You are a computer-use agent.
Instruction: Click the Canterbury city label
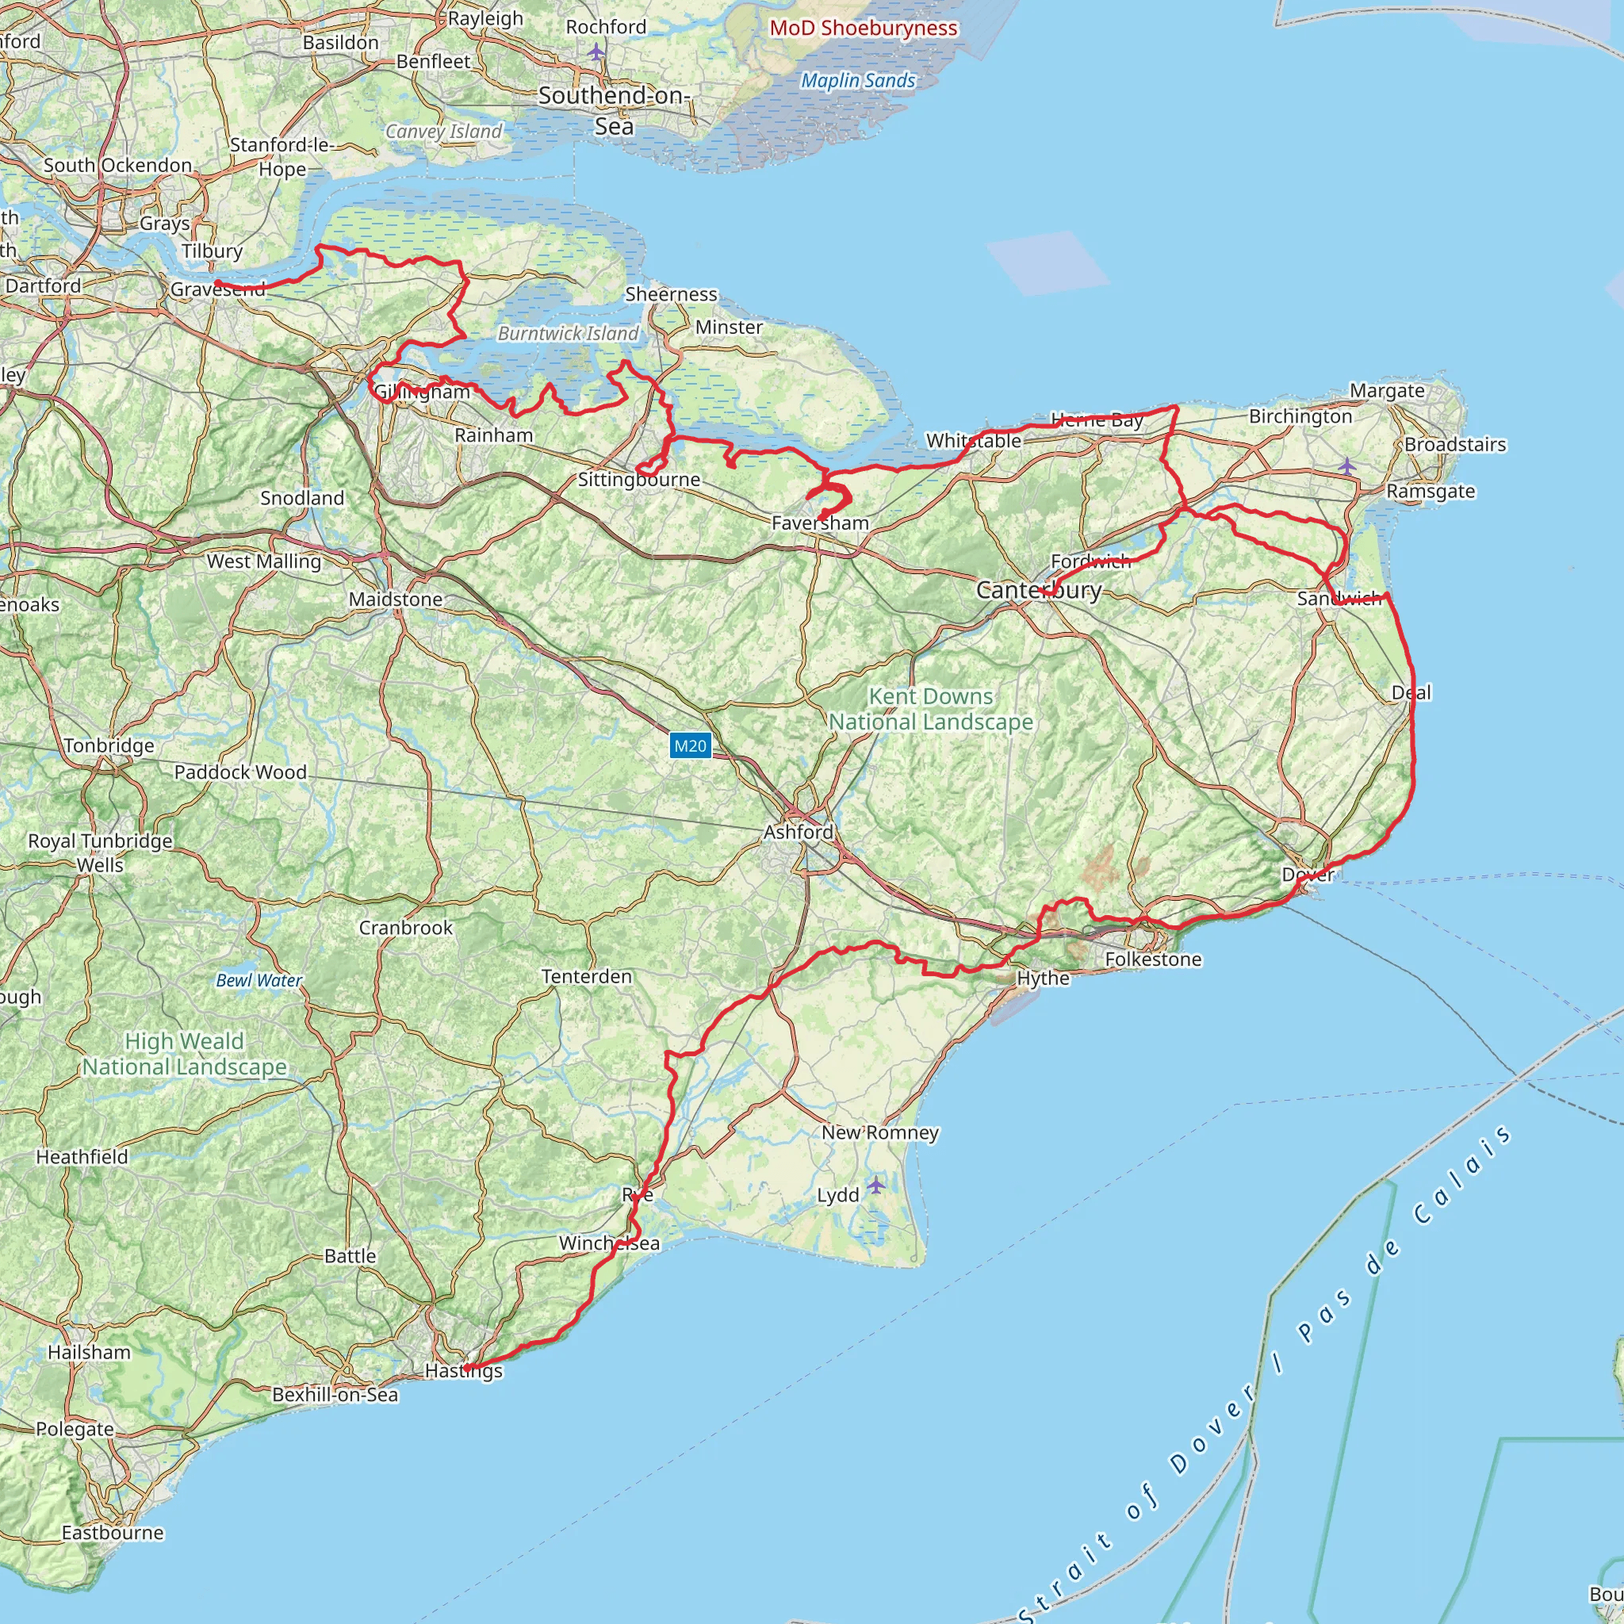pyautogui.click(x=1038, y=590)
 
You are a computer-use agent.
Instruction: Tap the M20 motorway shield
pyautogui.click(x=690, y=745)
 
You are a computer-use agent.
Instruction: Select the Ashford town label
pyautogui.click(x=798, y=832)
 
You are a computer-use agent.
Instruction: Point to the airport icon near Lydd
pyautogui.click(x=876, y=1185)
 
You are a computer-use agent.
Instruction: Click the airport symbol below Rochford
pyautogui.click(x=596, y=52)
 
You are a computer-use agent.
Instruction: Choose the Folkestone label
pyautogui.click(x=1152, y=959)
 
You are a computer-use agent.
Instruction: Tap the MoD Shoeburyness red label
pyautogui.click(x=864, y=28)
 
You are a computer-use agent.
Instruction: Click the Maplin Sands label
pyautogui.click(x=857, y=81)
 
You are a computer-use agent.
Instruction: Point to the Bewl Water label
pyautogui.click(x=259, y=980)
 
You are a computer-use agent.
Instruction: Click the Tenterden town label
pyautogui.click(x=586, y=976)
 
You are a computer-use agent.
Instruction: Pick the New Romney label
pyautogui.click(x=880, y=1132)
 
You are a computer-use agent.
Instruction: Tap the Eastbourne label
pyautogui.click(x=113, y=1532)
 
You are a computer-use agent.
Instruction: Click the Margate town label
pyautogui.click(x=1387, y=391)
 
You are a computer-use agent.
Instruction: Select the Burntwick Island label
pyautogui.click(x=569, y=334)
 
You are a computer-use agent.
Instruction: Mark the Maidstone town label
pyautogui.click(x=395, y=599)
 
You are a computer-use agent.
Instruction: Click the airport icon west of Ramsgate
pyautogui.click(x=1346, y=465)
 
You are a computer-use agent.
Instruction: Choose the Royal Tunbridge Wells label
pyautogui.click(x=100, y=852)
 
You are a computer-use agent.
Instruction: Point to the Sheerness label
pyautogui.click(x=671, y=294)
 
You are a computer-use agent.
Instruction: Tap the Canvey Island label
pyautogui.click(x=444, y=131)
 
